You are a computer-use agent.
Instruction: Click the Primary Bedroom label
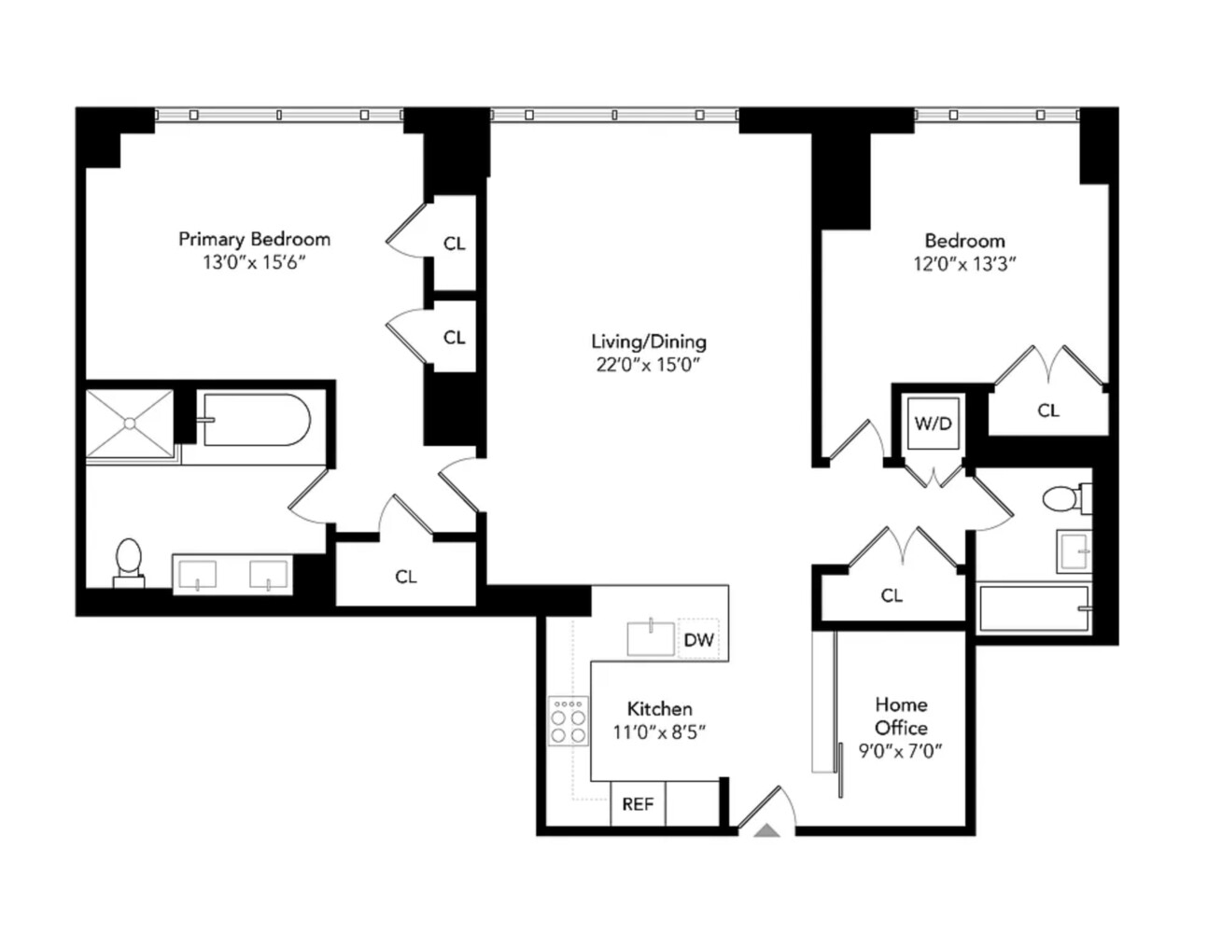(x=254, y=239)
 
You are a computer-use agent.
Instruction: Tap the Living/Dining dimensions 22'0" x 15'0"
(x=648, y=365)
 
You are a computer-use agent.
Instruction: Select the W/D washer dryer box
(x=933, y=424)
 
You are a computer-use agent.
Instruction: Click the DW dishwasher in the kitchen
(x=698, y=640)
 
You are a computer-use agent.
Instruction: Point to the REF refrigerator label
(x=638, y=804)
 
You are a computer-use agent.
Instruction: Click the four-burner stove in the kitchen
(x=568, y=721)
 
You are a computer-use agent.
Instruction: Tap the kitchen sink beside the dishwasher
(x=651, y=638)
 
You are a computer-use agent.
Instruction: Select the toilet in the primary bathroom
(x=128, y=562)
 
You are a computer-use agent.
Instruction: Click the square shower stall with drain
(x=130, y=424)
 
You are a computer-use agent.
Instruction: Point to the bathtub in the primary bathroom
(x=255, y=420)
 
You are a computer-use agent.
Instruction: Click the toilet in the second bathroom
(x=1062, y=498)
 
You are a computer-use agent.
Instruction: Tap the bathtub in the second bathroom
(x=1032, y=608)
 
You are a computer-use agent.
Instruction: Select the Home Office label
(x=901, y=716)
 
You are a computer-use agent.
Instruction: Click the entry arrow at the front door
(x=767, y=829)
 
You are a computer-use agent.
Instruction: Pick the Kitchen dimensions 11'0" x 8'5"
(x=659, y=732)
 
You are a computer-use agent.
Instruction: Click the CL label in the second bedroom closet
(x=1048, y=411)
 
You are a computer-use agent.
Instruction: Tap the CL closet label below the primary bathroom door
(x=405, y=577)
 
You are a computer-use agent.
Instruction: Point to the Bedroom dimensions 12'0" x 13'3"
(x=964, y=264)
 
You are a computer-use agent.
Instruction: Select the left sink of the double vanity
(x=197, y=573)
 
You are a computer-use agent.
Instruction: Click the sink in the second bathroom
(x=1074, y=550)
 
